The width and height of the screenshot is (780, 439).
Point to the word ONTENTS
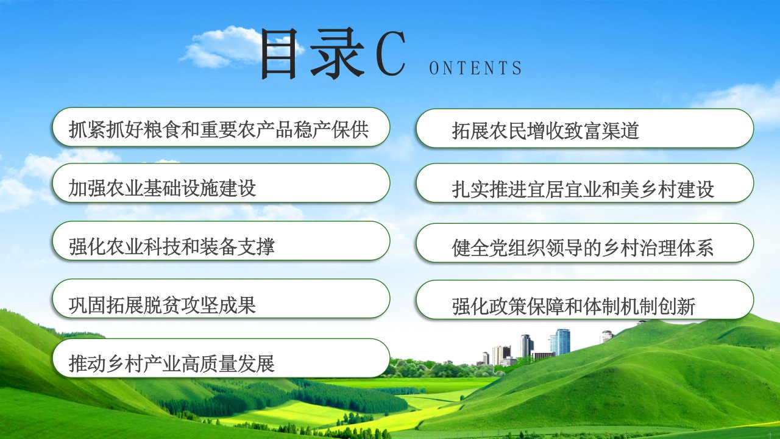pos(475,68)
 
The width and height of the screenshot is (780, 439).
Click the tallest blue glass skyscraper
pos(561,342)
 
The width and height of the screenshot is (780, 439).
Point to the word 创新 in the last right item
pos(677,307)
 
